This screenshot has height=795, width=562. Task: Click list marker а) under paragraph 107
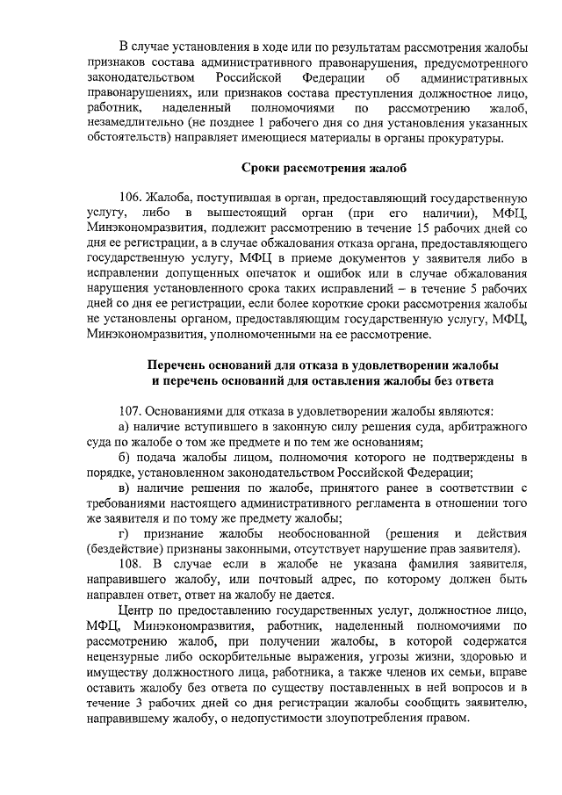[x=125, y=426]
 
